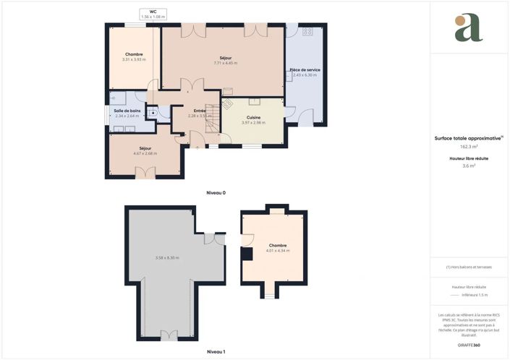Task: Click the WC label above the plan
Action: pyautogui.click(x=153, y=12)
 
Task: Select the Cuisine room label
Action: pyautogui.click(x=253, y=117)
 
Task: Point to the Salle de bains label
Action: pyautogui.click(x=127, y=111)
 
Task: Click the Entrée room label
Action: pyautogui.click(x=199, y=111)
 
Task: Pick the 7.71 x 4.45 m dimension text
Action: pyautogui.click(x=225, y=63)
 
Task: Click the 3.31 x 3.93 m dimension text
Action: pyautogui.click(x=133, y=59)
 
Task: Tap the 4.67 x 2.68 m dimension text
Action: pyautogui.click(x=145, y=153)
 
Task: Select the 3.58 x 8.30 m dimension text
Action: pyautogui.click(x=167, y=258)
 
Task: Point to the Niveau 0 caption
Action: pyautogui.click(x=216, y=193)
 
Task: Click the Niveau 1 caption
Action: pyautogui.click(x=216, y=351)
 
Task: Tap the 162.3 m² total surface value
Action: pyautogui.click(x=469, y=146)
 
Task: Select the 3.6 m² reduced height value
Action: pyautogui.click(x=469, y=166)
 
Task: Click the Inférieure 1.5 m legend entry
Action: pyautogui.click(x=475, y=295)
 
